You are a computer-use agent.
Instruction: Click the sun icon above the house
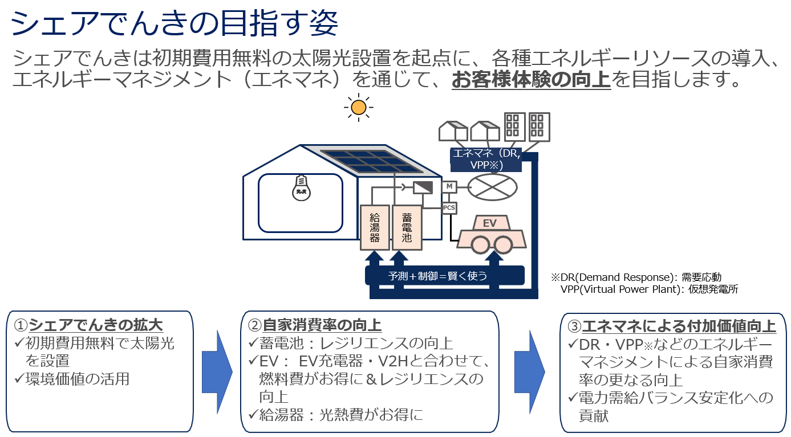pyautogui.click(x=358, y=107)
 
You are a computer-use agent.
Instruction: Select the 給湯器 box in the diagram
pyautogui.click(x=375, y=227)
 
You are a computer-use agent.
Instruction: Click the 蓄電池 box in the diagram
pyautogui.click(x=407, y=227)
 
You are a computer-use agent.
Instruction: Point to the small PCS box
pyautogui.click(x=449, y=208)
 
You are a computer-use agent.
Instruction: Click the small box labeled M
pyautogui.click(x=449, y=186)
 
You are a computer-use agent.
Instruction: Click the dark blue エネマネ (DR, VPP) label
pyautogui.click(x=485, y=159)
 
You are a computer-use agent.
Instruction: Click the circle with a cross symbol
pyautogui.click(x=492, y=187)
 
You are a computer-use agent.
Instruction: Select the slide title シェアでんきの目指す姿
pyautogui.click(x=175, y=24)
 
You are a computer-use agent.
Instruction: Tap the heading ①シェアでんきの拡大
pyautogui.click(x=89, y=325)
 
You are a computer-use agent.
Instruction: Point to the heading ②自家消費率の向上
pyautogui.click(x=315, y=325)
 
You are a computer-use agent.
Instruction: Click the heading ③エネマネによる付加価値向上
pyautogui.click(x=672, y=326)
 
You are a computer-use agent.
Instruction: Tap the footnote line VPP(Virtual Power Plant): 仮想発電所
pyautogui.click(x=649, y=289)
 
